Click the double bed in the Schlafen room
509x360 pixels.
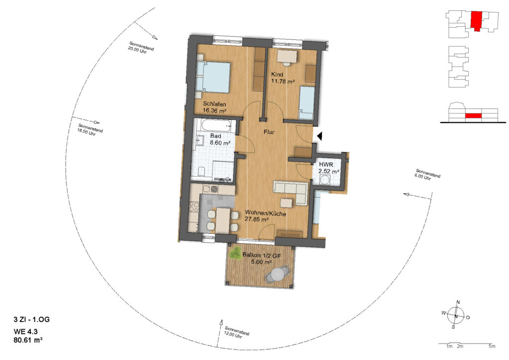213,78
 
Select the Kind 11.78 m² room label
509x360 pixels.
283,78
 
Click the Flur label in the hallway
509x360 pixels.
269,132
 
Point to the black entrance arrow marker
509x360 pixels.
320,136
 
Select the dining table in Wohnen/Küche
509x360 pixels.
223,220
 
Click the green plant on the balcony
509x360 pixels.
235,253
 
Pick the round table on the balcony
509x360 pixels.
277,275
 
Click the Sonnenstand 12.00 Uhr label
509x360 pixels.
236,333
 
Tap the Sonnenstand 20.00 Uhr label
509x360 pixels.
141,48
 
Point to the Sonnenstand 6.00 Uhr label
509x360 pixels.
427,175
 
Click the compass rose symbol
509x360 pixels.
456,315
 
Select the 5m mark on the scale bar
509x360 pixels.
492,347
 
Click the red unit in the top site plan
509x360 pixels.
476,21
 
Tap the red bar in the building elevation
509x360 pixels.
473,115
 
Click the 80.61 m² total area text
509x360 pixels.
28,340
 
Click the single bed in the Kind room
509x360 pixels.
306,102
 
